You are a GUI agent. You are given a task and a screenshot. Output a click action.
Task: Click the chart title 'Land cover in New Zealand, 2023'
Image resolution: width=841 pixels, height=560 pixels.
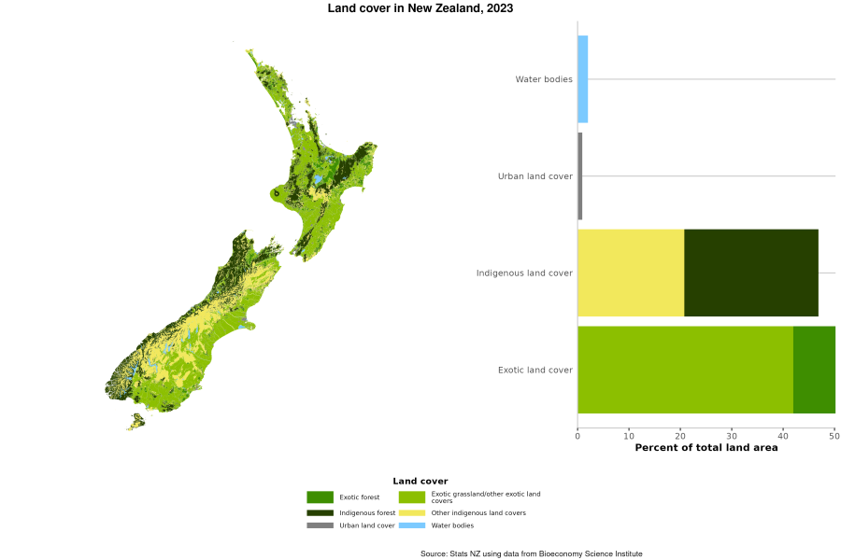pyautogui.click(x=420, y=8)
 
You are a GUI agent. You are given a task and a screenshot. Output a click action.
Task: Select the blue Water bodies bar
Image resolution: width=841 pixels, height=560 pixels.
pyautogui.click(x=582, y=79)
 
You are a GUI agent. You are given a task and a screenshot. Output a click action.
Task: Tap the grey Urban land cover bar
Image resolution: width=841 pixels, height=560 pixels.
pyautogui.click(x=579, y=176)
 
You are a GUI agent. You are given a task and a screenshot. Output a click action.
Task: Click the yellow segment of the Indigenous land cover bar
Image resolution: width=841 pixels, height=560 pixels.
pyautogui.click(x=631, y=273)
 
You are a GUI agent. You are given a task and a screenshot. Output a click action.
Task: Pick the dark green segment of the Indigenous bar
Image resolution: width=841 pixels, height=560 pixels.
pyautogui.click(x=751, y=273)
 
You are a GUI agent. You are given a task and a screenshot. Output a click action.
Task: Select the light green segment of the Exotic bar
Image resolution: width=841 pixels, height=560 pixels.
pyautogui.click(x=685, y=370)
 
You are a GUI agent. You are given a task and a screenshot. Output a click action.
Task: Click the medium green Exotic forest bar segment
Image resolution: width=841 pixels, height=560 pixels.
pyautogui.click(x=814, y=370)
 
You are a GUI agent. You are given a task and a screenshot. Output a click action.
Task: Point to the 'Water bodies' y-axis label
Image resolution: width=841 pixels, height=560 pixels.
pyautogui.click(x=544, y=79)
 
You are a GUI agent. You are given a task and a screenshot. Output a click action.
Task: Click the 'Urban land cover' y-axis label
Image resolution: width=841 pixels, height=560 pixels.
pyautogui.click(x=535, y=176)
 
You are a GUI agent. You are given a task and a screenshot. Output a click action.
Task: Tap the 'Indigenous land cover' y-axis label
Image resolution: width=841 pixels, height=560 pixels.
pyautogui.click(x=524, y=273)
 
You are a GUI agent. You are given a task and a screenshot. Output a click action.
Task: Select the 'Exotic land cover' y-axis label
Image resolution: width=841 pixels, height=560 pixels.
pyautogui.click(x=535, y=370)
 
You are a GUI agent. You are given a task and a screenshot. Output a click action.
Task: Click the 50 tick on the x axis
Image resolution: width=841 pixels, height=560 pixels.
pyautogui.click(x=834, y=435)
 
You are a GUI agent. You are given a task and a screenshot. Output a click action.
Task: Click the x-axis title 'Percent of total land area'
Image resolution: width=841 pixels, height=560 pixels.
pyautogui.click(x=706, y=448)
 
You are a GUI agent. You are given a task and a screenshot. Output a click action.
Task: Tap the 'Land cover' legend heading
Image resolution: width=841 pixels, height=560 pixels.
pyautogui.click(x=420, y=481)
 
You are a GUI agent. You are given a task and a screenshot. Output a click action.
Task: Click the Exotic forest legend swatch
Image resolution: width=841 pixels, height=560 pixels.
pyautogui.click(x=320, y=497)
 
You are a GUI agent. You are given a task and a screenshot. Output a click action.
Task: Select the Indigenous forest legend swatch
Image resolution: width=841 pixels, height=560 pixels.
pyautogui.click(x=320, y=512)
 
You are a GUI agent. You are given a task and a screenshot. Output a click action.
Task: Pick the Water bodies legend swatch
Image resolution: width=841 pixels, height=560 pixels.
pyautogui.click(x=412, y=525)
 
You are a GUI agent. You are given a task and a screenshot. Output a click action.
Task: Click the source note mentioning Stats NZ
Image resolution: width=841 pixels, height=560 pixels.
pyautogui.click(x=531, y=553)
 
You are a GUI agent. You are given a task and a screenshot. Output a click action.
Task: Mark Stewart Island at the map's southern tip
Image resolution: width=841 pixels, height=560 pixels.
pyautogui.click(x=136, y=422)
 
